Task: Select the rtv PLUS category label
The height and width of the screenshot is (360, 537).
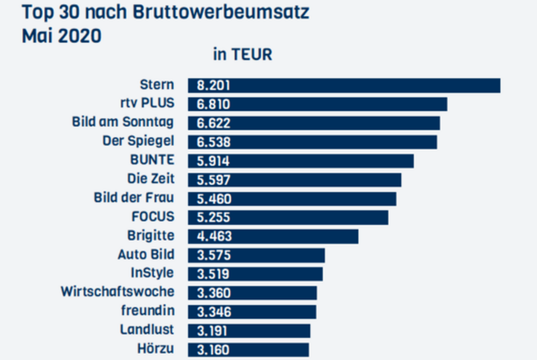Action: [146, 103]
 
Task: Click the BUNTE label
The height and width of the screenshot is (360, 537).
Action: [152, 160]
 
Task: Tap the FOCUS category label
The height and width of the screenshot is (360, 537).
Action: [154, 217]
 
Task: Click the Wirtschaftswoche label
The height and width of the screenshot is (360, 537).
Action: [117, 292]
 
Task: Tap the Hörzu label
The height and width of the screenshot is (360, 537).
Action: [156, 349]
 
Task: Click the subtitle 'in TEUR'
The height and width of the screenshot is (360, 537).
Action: [242, 55]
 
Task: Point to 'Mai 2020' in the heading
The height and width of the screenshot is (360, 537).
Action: [62, 36]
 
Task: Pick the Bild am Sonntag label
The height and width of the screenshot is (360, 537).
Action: [123, 122]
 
